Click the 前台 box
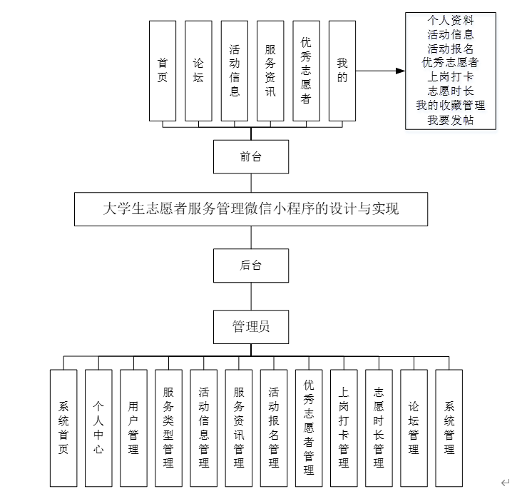(x=250, y=157)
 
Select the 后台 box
(x=250, y=266)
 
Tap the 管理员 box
(x=250, y=328)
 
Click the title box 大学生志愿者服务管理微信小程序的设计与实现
(x=251, y=209)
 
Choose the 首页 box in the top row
(x=163, y=70)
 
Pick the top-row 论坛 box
(x=198, y=70)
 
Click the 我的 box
(x=342, y=70)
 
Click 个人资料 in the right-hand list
(x=450, y=20)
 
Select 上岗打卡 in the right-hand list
(x=450, y=77)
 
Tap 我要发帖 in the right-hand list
(x=450, y=121)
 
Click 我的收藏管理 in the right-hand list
(x=450, y=106)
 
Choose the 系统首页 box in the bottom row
(x=63, y=428)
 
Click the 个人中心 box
(x=98, y=428)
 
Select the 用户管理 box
(x=133, y=428)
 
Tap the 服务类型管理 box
(x=168, y=428)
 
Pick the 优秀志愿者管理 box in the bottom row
(x=309, y=428)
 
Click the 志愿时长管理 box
(x=379, y=428)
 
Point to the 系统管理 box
(x=449, y=428)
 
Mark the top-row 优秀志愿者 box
(x=306, y=70)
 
